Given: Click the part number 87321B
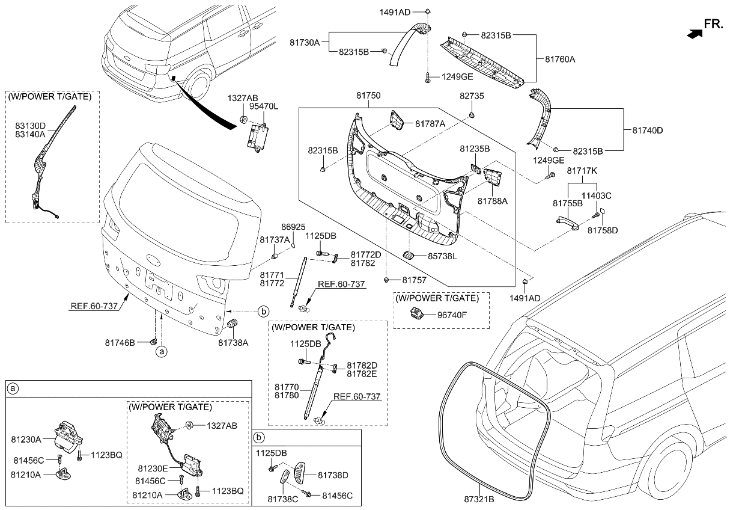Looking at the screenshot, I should coord(478,499).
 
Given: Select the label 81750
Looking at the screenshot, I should coord(368,96).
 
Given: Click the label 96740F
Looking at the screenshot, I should coord(452,313).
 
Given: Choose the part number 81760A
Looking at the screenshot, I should coord(560,60).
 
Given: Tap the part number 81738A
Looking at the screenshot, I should coord(233,342).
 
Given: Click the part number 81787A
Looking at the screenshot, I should coord(430,123).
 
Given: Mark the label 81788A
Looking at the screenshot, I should coord(493,201).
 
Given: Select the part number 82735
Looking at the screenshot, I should coord(472,96).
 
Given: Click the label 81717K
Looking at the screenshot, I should coord(582,171).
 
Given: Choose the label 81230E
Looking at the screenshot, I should coord(153,468).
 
